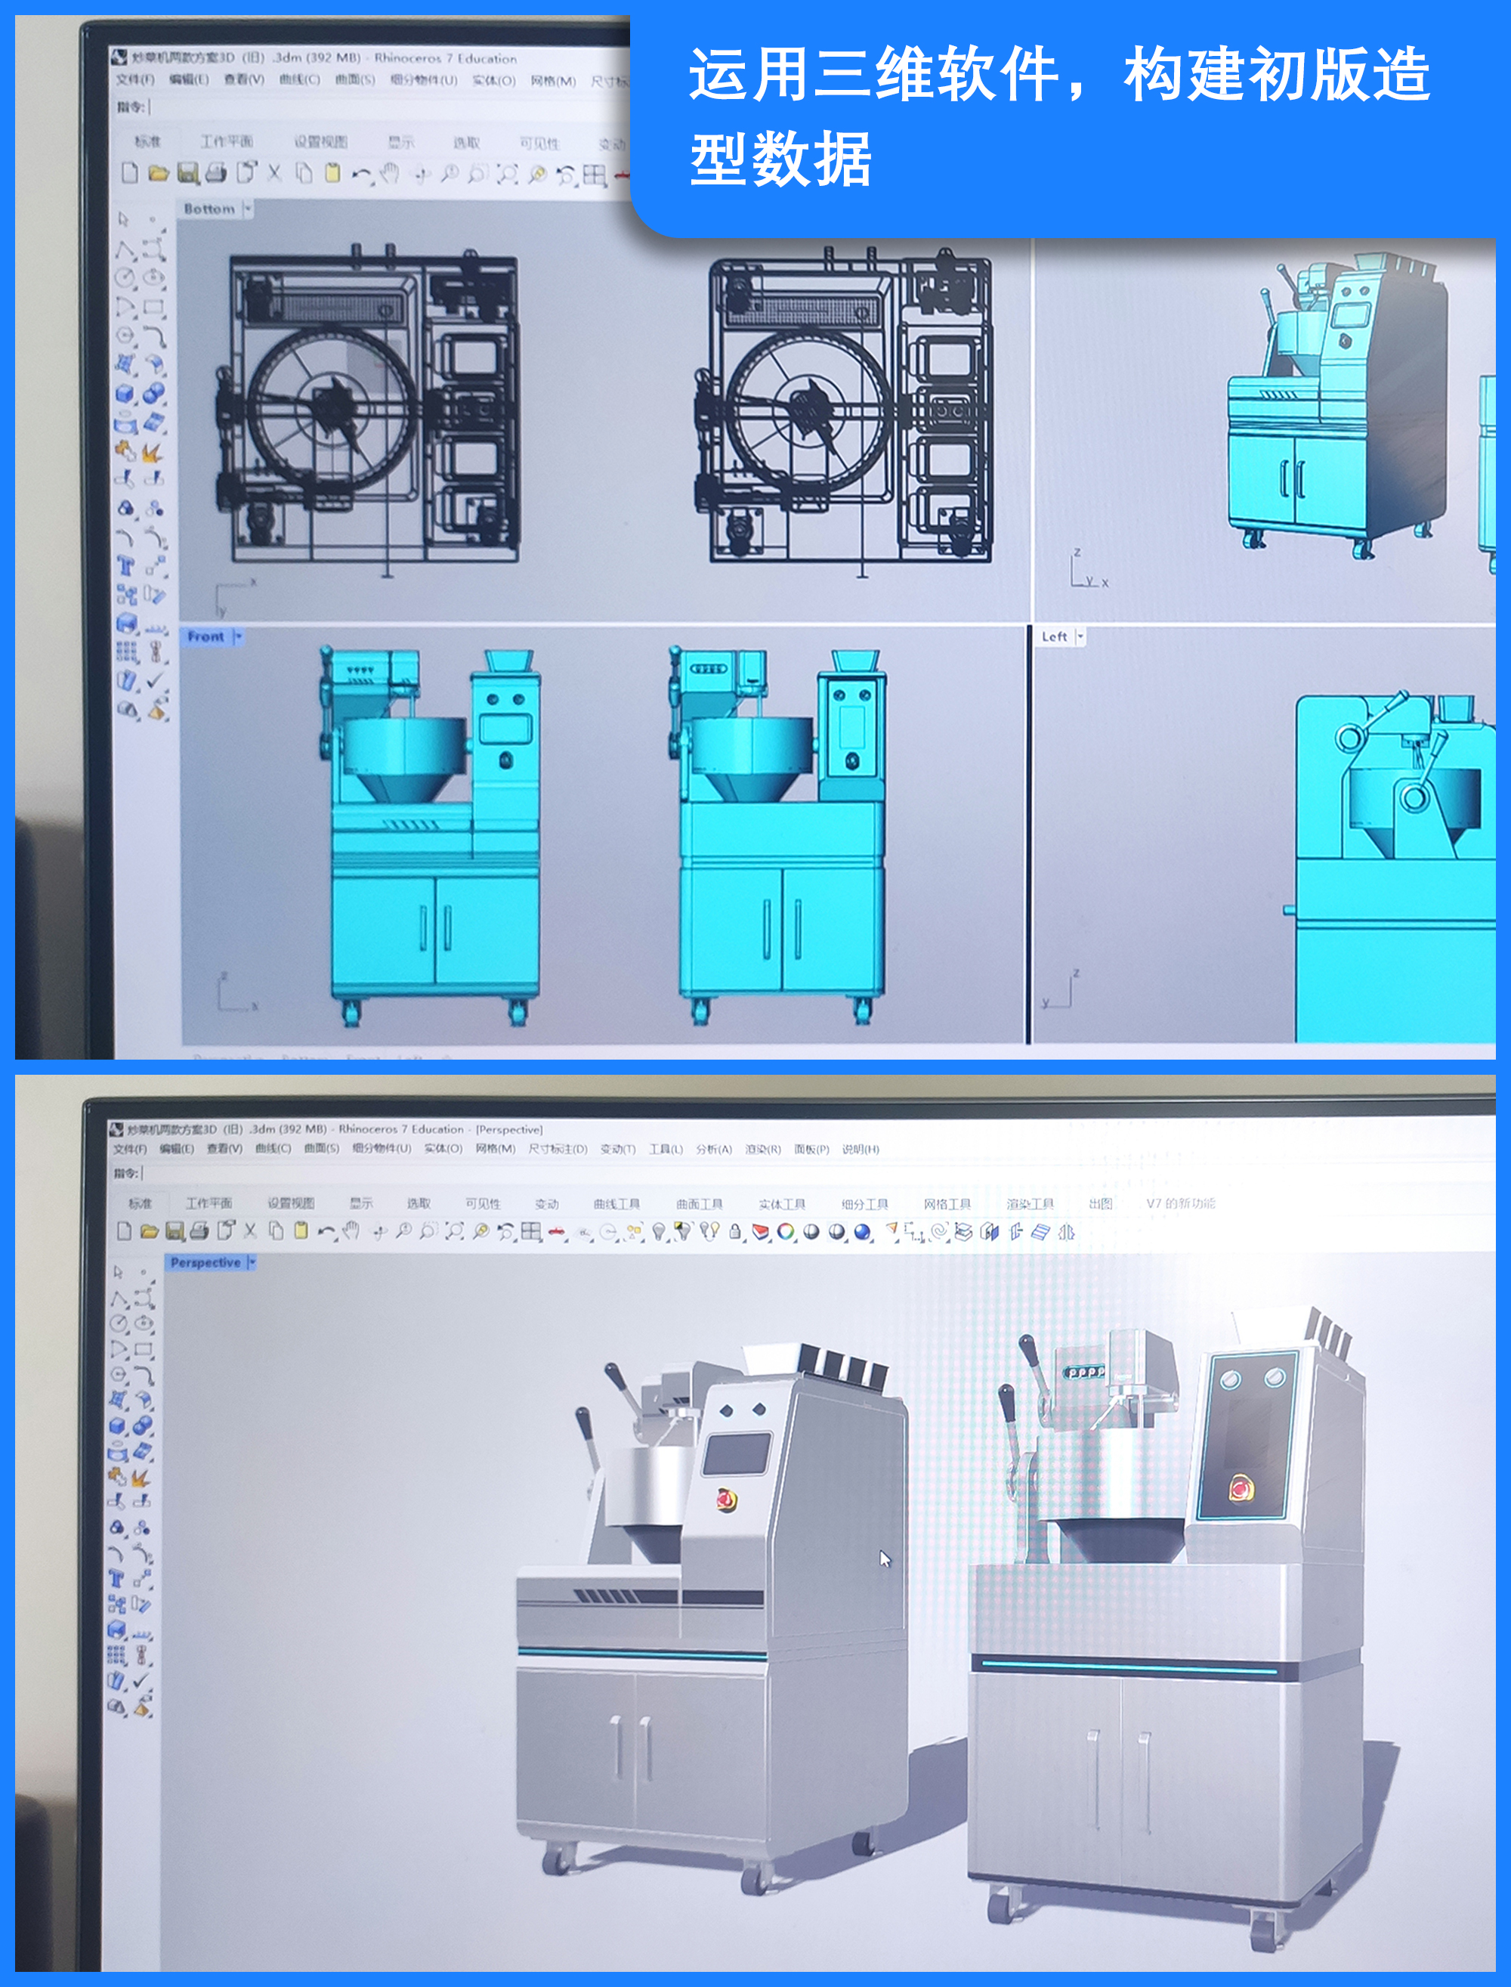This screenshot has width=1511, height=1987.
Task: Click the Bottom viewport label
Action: pyautogui.click(x=209, y=209)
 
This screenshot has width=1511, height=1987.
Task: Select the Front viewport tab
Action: pyautogui.click(x=206, y=637)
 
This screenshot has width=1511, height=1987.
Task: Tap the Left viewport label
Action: pyautogui.click(x=1054, y=637)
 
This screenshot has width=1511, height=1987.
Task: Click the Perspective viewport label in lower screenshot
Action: pyautogui.click(x=206, y=1263)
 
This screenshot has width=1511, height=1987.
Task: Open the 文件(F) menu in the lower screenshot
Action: pyautogui.click(x=132, y=1150)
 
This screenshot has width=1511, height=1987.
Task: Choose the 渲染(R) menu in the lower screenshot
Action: pyautogui.click(x=763, y=1150)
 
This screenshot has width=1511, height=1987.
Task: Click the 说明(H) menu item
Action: pyautogui.click(x=861, y=1150)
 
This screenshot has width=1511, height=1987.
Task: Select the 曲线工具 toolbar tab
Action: pyautogui.click(x=617, y=1203)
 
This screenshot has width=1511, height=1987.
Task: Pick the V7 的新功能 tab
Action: pyautogui.click(x=1180, y=1203)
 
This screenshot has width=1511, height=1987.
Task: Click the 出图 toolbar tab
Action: pyautogui.click(x=1100, y=1203)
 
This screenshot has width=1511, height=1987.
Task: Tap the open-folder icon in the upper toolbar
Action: pyautogui.click(x=159, y=174)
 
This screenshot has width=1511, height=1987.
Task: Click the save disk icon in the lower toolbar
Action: pyautogui.click(x=175, y=1231)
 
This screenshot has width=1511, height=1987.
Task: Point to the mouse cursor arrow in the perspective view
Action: pyautogui.click(x=884, y=1558)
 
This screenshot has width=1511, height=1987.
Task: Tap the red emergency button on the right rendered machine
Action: pyautogui.click(x=1241, y=1490)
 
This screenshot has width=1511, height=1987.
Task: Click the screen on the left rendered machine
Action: pyautogui.click(x=737, y=1453)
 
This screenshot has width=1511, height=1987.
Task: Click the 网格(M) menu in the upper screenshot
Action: pyautogui.click(x=552, y=81)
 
